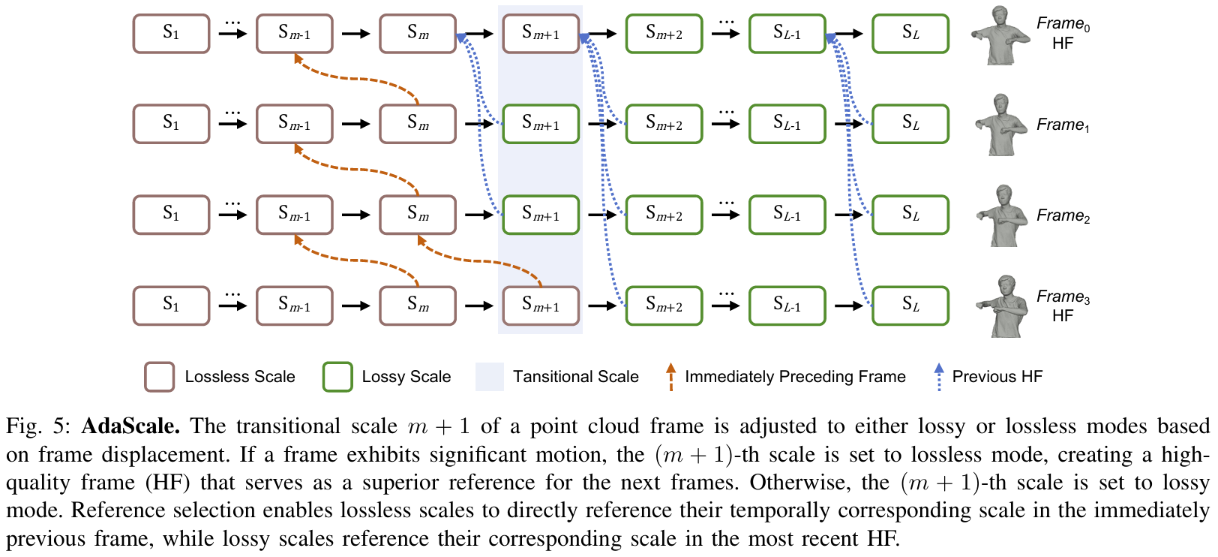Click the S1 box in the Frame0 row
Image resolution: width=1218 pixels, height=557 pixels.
[171, 34]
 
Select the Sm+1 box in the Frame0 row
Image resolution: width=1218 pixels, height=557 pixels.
[541, 34]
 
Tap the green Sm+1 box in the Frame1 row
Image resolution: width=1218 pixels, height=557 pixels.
[541, 124]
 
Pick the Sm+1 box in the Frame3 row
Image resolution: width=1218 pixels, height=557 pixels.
[541, 306]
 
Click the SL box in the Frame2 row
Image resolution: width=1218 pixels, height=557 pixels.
[910, 215]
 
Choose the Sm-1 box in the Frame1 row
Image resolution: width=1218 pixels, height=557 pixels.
[294, 124]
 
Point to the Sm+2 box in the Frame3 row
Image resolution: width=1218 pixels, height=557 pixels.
[664, 306]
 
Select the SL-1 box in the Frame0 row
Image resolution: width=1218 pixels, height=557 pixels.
[787, 34]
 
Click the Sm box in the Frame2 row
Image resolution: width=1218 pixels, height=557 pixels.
[418, 215]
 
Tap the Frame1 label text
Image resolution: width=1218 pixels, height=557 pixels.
[1063, 125]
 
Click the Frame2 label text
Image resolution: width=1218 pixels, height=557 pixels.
[1063, 216]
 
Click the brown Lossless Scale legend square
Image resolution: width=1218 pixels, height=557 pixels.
[159, 377]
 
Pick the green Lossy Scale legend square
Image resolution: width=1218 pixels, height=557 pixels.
[337, 377]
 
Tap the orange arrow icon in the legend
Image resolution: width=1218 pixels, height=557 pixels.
[670, 377]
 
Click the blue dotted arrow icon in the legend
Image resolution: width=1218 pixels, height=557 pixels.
[938, 377]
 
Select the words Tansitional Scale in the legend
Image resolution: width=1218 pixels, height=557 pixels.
[575, 377]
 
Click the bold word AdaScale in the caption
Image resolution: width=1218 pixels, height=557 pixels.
[130, 426]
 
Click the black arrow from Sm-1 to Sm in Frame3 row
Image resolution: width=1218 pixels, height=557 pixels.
[355, 306]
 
